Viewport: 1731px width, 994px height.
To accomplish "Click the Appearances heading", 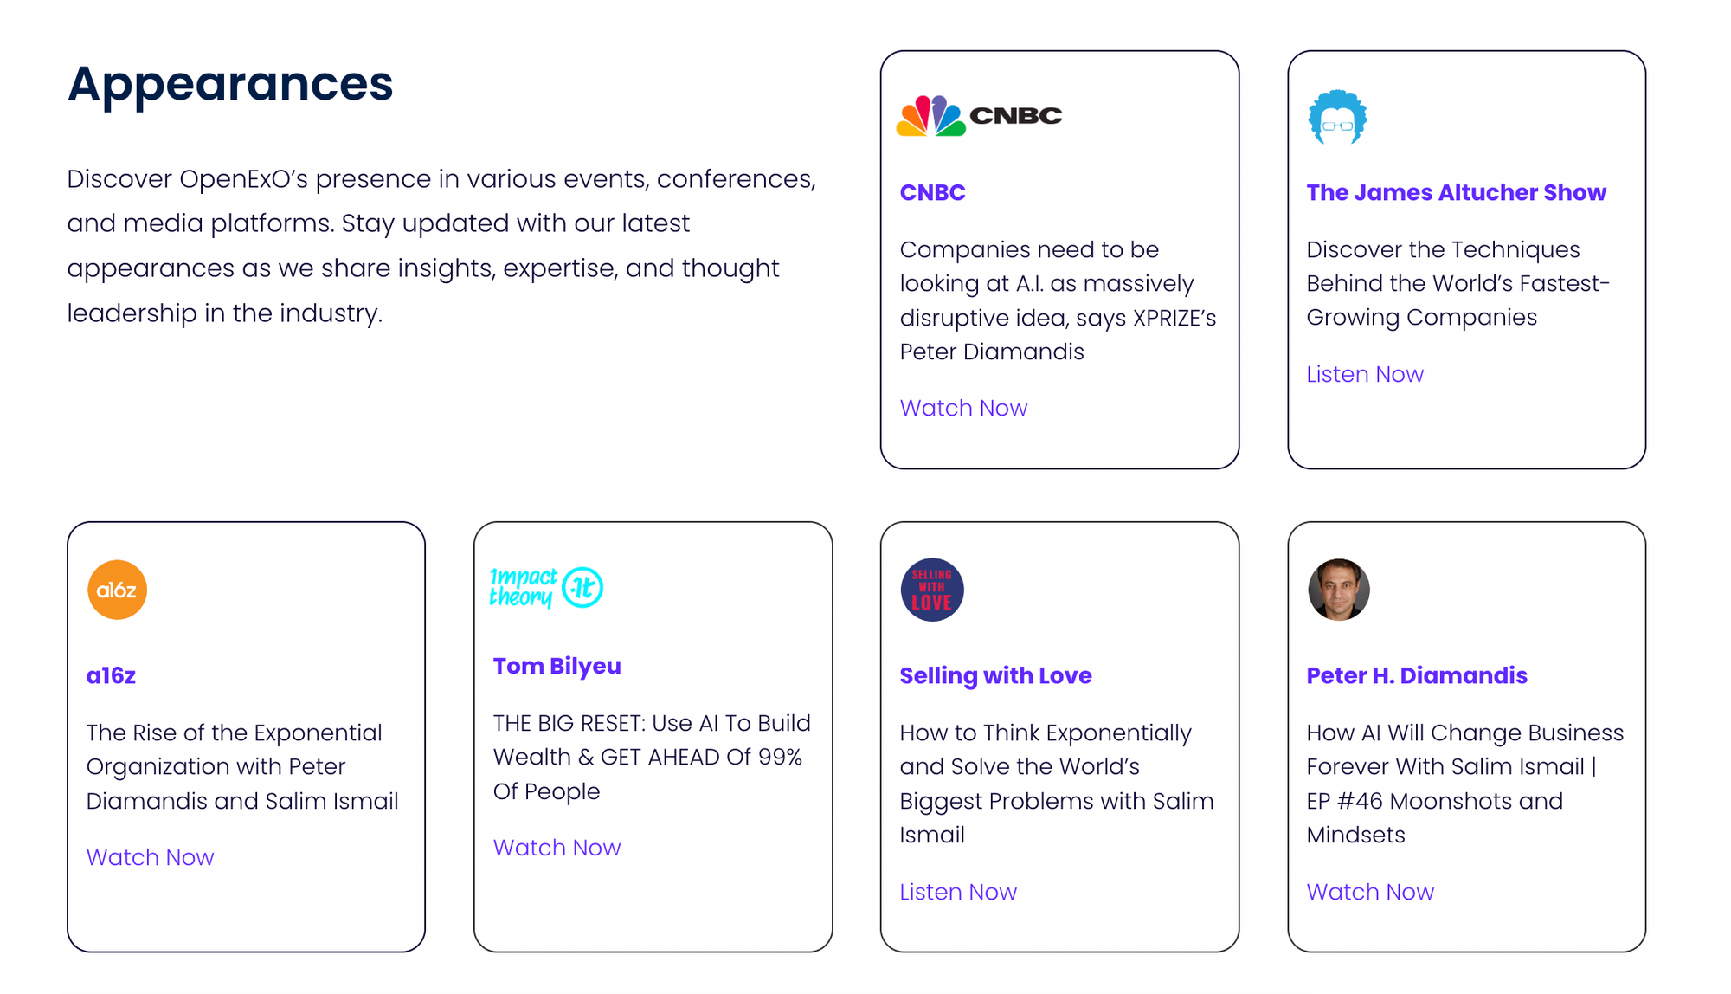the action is (x=230, y=85).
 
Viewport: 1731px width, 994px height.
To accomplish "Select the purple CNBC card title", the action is (x=932, y=192).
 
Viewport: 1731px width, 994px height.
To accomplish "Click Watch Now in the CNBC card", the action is (x=963, y=408).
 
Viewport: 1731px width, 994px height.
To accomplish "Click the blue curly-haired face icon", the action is (x=1337, y=117).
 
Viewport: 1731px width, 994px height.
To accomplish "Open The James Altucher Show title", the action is (x=1456, y=192).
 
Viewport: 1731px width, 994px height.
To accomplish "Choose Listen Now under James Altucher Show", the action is (x=1365, y=374).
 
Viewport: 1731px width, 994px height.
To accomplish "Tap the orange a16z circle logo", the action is (x=117, y=590).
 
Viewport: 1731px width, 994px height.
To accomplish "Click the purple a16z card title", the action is (x=111, y=675).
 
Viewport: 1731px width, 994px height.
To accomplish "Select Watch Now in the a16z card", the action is (x=150, y=857).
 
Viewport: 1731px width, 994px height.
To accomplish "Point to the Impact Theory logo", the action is (x=546, y=588).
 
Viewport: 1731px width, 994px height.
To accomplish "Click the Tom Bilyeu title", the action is (x=557, y=666).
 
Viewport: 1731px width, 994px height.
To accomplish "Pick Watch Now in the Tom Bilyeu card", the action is (x=557, y=848).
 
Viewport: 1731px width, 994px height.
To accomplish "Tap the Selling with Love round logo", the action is (x=932, y=590).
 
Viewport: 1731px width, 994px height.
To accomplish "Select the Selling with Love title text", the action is (x=995, y=675).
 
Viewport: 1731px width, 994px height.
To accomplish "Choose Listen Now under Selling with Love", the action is (x=958, y=892).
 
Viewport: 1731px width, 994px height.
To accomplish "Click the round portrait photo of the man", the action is (x=1339, y=590).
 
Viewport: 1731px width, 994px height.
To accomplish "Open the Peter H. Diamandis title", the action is (x=1417, y=675).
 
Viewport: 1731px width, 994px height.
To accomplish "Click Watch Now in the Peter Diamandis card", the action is (x=1370, y=892).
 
